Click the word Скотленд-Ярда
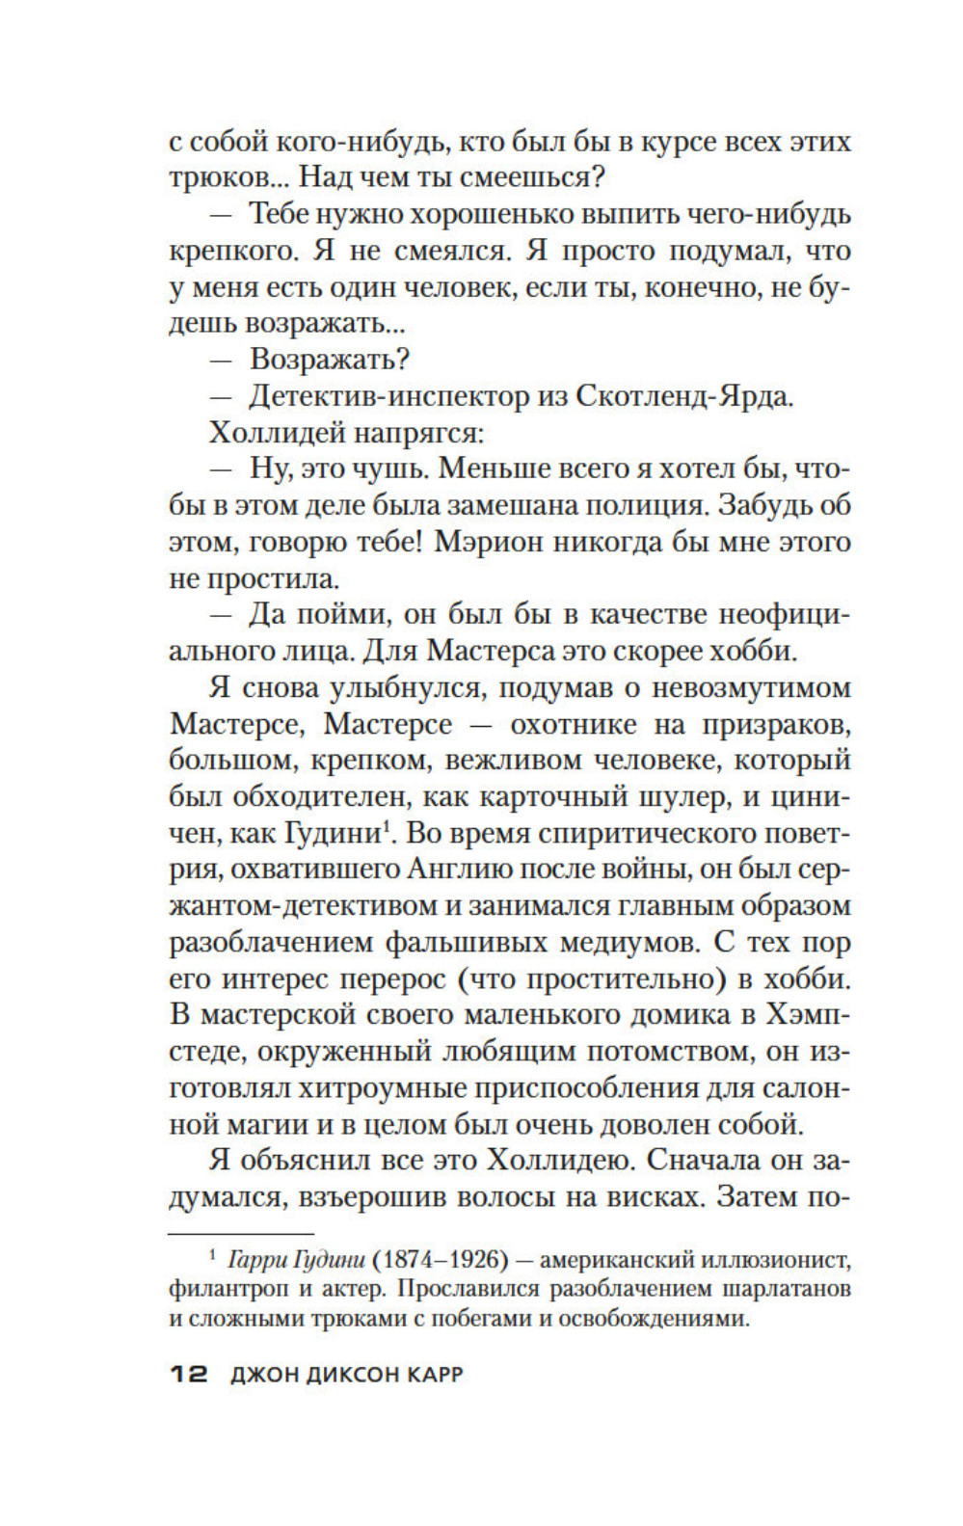pyautogui.click(x=684, y=396)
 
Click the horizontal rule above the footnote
pyautogui.click(x=242, y=1233)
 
